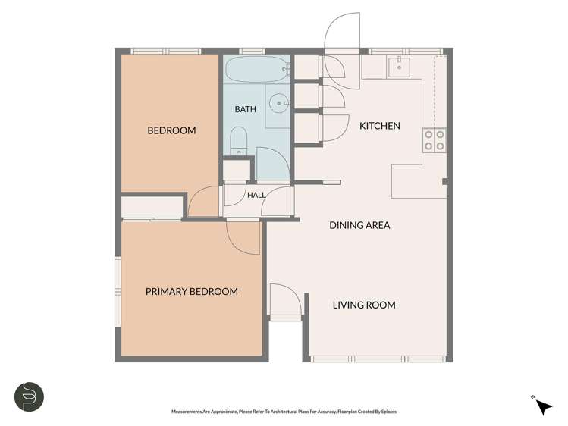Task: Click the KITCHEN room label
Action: click(380, 126)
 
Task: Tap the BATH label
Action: click(245, 109)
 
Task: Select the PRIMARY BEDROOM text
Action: click(192, 291)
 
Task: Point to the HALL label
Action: click(256, 195)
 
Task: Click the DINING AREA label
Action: click(359, 225)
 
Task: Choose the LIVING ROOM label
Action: click(364, 305)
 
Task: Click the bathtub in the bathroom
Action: click(257, 69)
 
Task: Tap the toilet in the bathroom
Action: click(239, 141)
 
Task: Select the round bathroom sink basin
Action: click(279, 104)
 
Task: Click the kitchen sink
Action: click(399, 67)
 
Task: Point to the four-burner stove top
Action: click(435, 140)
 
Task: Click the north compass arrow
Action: click(544, 407)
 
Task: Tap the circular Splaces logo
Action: click(30, 396)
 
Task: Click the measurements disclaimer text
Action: click(284, 412)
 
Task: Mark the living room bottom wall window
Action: click(378, 359)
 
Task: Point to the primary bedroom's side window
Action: click(118, 292)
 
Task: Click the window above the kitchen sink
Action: click(406, 51)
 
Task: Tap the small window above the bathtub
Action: click(252, 51)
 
